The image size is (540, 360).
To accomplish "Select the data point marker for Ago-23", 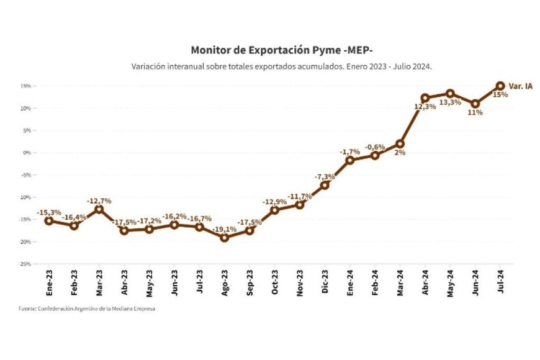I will click(x=224, y=238).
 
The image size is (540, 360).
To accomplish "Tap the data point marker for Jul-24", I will click(x=500, y=86).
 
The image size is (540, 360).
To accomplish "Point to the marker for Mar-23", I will click(x=99, y=209).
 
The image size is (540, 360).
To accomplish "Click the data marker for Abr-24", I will click(x=425, y=98).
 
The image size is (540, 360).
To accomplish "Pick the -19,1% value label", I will click(x=225, y=229).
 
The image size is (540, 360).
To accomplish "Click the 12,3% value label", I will click(x=424, y=107).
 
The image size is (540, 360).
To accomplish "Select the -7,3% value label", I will click(x=325, y=177).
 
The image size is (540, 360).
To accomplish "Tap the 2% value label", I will click(x=399, y=152).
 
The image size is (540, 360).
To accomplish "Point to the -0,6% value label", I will click(x=375, y=147).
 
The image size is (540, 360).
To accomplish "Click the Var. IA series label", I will click(x=520, y=86).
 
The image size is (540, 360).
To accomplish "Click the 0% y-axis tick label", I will click(x=26, y=153).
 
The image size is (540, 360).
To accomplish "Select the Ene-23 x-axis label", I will click(x=49, y=282).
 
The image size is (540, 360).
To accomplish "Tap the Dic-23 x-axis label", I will click(x=325, y=282).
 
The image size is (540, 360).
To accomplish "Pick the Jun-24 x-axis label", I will click(x=475, y=282).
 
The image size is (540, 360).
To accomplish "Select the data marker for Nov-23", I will click(x=300, y=205).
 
